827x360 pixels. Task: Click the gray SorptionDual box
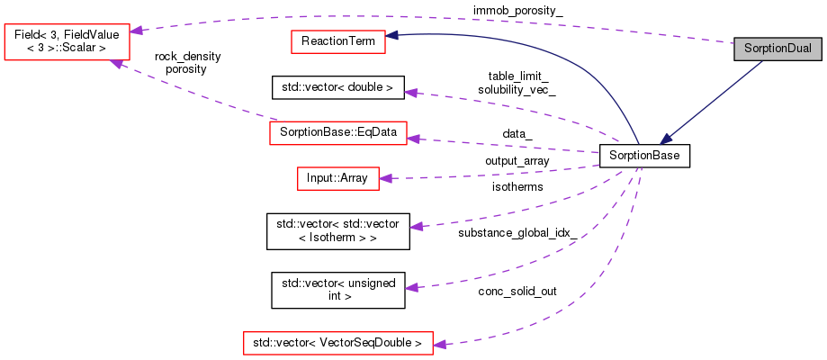pos(778,49)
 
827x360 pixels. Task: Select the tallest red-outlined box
pos(67,42)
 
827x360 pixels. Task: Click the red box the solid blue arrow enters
pos(338,41)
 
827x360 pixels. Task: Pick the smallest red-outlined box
pos(338,178)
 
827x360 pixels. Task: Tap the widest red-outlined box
pos(338,343)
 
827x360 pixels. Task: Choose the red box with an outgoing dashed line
pos(338,132)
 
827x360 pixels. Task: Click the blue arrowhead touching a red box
pos(392,36)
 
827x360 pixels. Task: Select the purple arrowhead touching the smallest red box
pos(385,178)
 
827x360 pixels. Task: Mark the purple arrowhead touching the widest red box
pos(439,344)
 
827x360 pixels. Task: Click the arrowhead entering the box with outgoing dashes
pos(413,139)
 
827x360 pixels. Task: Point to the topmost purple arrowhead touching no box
pos(410,93)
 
